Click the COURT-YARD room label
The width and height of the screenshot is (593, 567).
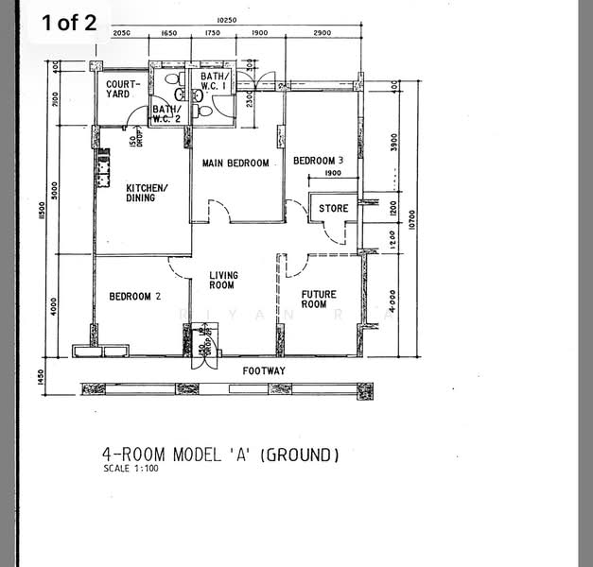(x=123, y=89)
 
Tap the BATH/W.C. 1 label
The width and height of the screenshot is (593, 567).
(x=214, y=82)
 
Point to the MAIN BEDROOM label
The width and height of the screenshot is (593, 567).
(x=235, y=163)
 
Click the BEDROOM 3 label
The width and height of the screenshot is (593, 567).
(x=318, y=161)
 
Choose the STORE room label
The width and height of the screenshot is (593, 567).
(x=333, y=209)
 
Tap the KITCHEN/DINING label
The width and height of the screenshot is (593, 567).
(x=147, y=192)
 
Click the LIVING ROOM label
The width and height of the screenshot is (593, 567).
(x=222, y=280)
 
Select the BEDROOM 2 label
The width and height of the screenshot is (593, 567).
(x=134, y=297)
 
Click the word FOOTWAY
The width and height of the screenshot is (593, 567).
(x=264, y=370)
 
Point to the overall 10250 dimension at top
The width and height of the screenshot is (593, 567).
(x=225, y=20)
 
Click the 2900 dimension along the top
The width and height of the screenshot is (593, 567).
(x=322, y=33)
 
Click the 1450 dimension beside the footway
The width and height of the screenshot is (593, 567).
(x=41, y=376)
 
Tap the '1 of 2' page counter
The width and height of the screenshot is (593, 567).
(x=69, y=24)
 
